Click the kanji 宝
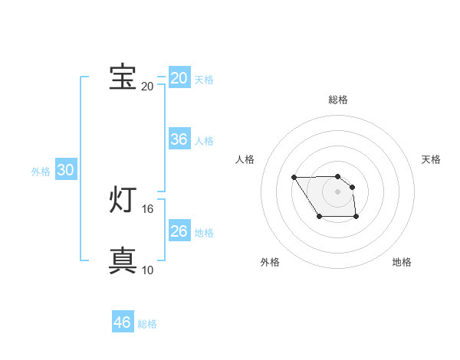click(123, 77)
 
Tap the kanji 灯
click(123, 200)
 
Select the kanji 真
click(123, 261)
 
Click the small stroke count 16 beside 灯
click(148, 208)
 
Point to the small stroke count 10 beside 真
click(148, 270)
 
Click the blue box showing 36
click(179, 139)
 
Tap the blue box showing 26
click(179, 231)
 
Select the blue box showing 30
click(65, 171)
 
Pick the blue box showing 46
click(123, 322)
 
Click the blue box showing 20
click(179, 78)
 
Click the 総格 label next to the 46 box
click(147, 324)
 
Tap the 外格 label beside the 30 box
click(41, 172)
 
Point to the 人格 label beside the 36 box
click(204, 141)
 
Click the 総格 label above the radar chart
click(338, 100)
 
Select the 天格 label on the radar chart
click(431, 159)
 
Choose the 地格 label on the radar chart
click(402, 262)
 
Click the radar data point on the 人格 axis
click(294, 178)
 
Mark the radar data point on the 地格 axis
click(357, 218)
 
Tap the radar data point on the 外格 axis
click(319, 218)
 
